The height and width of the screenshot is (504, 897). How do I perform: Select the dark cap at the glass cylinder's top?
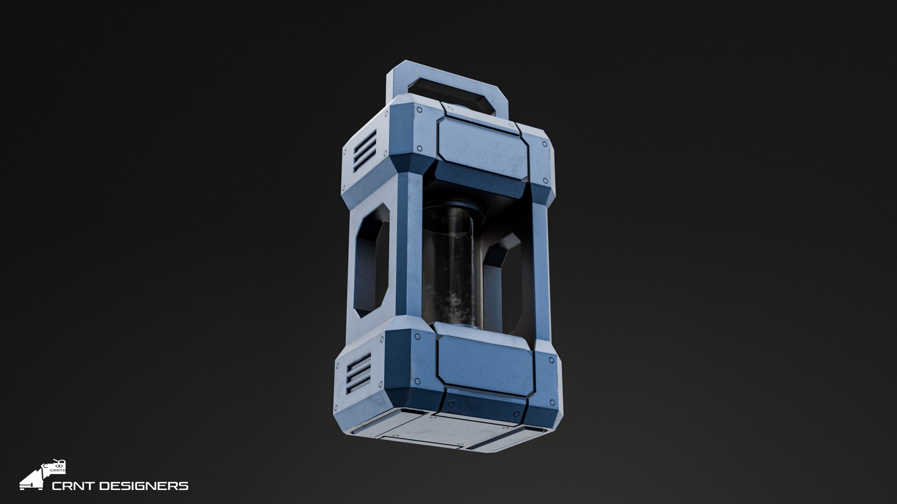[452, 209]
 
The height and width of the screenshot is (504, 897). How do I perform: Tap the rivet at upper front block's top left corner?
[419, 111]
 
